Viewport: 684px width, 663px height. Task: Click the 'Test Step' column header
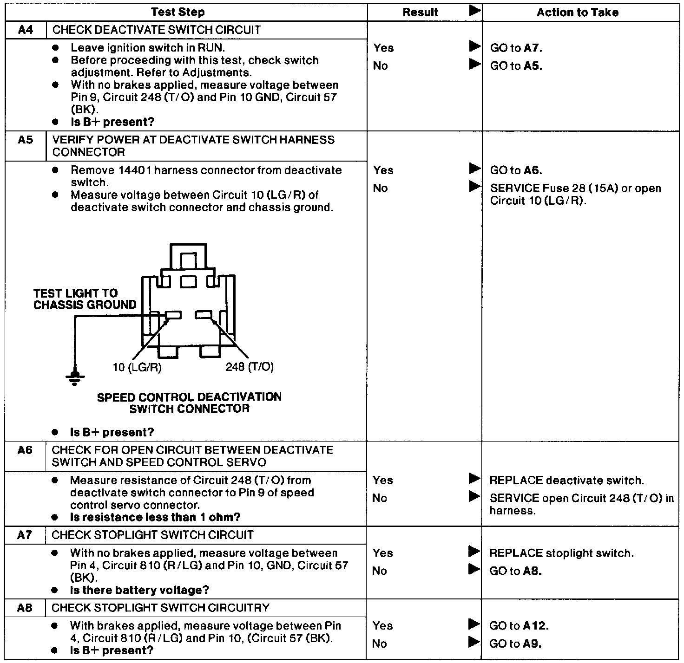coord(178,13)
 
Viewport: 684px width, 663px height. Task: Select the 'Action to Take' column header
coord(578,13)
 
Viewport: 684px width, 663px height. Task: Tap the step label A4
coord(26,30)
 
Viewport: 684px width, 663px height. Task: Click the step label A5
coord(26,140)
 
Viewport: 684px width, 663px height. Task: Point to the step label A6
coord(25,450)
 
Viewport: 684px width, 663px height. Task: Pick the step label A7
coord(25,535)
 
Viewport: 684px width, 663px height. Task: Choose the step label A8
coord(25,608)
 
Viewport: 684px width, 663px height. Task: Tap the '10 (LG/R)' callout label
coord(137,367)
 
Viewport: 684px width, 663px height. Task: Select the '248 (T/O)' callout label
coord(250,367)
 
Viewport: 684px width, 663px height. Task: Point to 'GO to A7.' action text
coord(516,48)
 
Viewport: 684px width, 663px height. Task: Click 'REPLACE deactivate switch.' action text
coord(566,481)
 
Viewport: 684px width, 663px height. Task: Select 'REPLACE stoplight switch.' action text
coord(561,553)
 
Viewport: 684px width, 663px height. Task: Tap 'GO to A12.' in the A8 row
coord(519,626)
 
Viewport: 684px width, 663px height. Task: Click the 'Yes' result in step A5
coord(383,170)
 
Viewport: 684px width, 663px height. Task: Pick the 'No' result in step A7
coord(380,571)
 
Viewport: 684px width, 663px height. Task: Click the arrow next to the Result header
coord(474,11)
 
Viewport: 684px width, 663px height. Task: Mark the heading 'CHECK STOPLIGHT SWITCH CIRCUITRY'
coord(160,608)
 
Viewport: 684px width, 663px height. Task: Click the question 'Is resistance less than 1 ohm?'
coord(155,517)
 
